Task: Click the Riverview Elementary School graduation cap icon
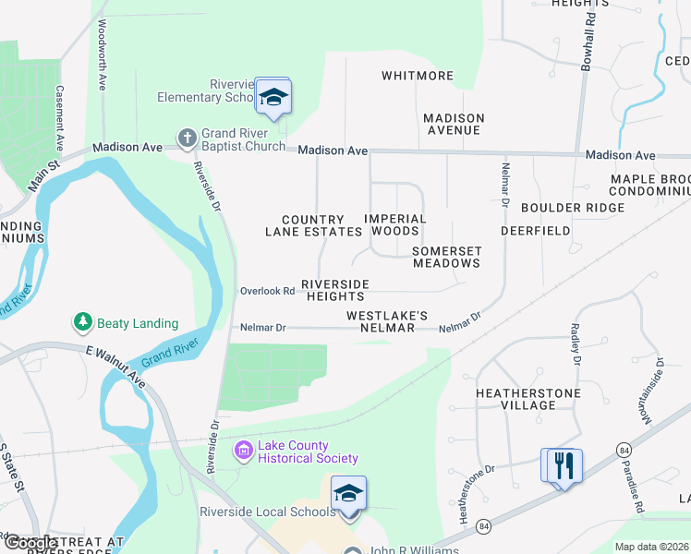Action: pos(273,97)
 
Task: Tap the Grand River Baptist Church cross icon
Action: pos(188,138)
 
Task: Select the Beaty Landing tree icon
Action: pos(83,322)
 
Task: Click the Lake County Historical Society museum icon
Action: pos(244,451)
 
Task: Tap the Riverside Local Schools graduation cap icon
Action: pos(348,494)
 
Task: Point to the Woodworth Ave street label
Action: pos(102,56)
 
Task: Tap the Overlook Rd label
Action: pos(267,291)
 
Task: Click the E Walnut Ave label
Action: pos(116,366)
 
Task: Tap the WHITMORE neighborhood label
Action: pos(418,76)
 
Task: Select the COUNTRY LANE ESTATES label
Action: pos(313,226)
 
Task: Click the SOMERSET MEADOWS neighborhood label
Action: pos(446,257)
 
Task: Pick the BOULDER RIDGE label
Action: pos(573,208)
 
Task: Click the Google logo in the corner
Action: pos(30,543)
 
